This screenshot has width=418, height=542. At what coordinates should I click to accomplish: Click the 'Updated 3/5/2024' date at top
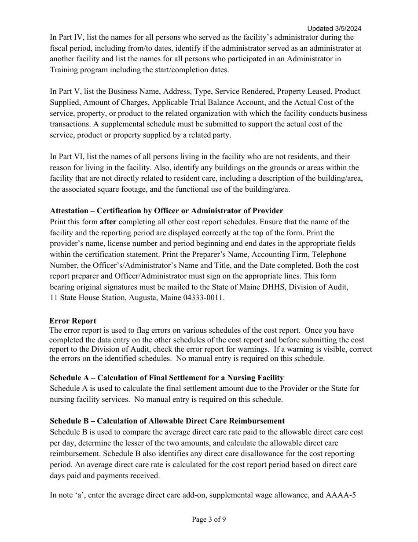point(334,29)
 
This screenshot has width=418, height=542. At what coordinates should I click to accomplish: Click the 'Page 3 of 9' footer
point(209,519)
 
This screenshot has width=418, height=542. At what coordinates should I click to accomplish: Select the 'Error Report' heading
point(73,321)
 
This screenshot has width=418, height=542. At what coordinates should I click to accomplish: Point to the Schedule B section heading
point(167,421)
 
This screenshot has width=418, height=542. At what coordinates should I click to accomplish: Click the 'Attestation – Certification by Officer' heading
point(166,211)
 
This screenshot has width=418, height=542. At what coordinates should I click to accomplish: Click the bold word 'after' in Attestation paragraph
point(108,222)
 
